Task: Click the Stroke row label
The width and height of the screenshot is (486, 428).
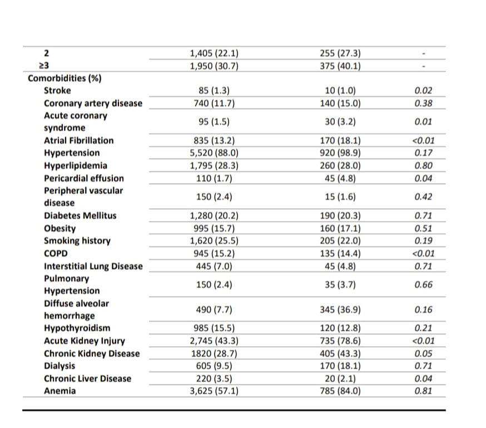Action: pos(57,90)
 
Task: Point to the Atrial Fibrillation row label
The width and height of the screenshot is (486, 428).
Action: pos(78,140)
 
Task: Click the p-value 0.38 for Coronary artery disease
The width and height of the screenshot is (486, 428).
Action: pos(424,103)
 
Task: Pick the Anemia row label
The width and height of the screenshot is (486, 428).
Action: pos(60,391)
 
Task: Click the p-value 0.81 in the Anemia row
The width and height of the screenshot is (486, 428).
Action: pos(424,391)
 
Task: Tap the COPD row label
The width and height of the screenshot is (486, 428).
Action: pos(56,253)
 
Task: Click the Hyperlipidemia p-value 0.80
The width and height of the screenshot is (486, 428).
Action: pos(424,166)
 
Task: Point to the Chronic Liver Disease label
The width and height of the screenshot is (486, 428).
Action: pos(88,378)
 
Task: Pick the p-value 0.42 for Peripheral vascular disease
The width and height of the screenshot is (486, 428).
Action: pos(424,197)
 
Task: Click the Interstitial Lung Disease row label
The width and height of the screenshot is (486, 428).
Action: pos(93,266)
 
